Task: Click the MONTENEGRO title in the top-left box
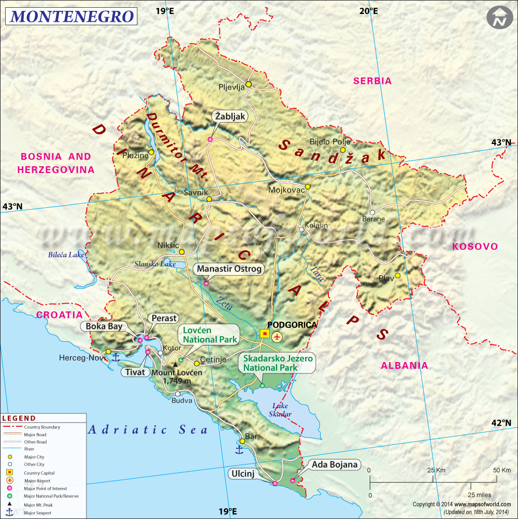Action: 72,16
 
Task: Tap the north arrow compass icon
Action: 499,18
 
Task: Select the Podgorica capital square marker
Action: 265,334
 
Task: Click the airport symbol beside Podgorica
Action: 277,337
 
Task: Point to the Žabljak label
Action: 229,117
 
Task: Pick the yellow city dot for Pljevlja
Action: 249,84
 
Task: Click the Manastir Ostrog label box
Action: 229,269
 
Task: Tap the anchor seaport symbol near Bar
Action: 239,449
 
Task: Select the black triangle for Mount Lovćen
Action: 175,365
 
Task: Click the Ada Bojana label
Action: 335,465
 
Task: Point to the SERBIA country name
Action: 372,81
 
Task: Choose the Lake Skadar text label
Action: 280,410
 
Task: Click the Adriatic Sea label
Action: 148,429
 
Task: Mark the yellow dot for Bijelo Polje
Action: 342,150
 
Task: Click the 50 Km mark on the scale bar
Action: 501,470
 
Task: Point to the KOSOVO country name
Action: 475,247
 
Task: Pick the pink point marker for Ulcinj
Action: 275,483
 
